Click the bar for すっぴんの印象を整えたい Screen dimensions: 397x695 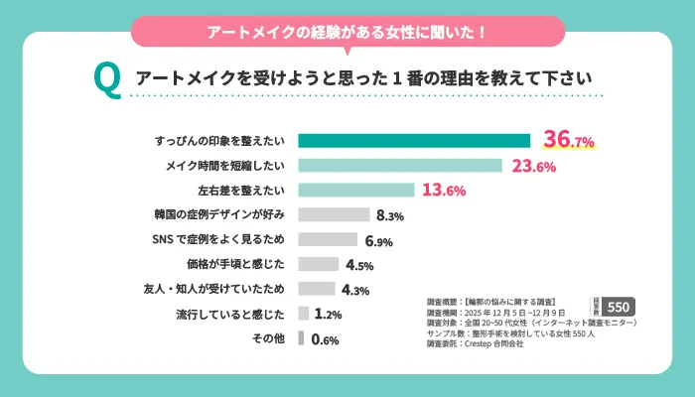(x=414, y=140)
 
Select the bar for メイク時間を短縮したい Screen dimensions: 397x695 (x=400, y=165)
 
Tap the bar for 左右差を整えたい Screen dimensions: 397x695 (x=355, y=190)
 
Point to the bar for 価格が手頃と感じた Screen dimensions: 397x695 (x=319, y=264)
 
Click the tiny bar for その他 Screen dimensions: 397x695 (x=301, y=338)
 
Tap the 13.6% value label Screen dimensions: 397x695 (x=444, y=190)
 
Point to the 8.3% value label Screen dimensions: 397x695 (x=389, y=215)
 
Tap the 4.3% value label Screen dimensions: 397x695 (x=355, y=290)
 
